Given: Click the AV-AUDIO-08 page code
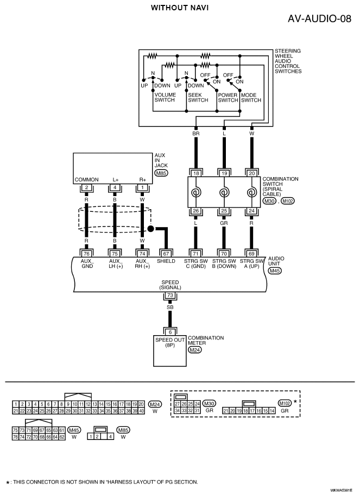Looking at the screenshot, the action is click(319, 18).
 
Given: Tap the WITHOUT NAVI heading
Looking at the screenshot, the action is click(180, 8).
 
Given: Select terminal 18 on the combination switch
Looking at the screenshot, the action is click(196, 173).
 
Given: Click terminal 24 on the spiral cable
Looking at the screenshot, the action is click(251, 211).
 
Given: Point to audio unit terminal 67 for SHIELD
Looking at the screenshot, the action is click(166, 253).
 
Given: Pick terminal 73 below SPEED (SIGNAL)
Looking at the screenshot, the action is click(170, 295).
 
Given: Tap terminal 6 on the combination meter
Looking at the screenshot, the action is click(170, 332).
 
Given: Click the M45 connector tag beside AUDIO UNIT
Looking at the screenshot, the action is click(275, 270).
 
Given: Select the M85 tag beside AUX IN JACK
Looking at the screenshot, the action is click(161, 173).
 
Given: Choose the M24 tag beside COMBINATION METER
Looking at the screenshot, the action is click(194, 350).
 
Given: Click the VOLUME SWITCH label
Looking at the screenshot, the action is click(165, 97).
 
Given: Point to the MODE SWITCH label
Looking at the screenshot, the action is click(251, 98).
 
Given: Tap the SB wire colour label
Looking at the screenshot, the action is click(170, 307).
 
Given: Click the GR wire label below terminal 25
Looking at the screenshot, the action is click(224, 223).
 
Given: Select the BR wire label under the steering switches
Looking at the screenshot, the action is click(196, 134).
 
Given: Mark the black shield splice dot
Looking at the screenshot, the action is click(151, 229).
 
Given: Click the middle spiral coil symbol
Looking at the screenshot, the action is click(224, 192).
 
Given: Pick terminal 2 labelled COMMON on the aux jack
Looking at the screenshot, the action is click(86, 187).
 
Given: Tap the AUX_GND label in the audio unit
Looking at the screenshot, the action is click(87, 264).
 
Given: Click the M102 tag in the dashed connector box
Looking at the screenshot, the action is click(285, 404).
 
